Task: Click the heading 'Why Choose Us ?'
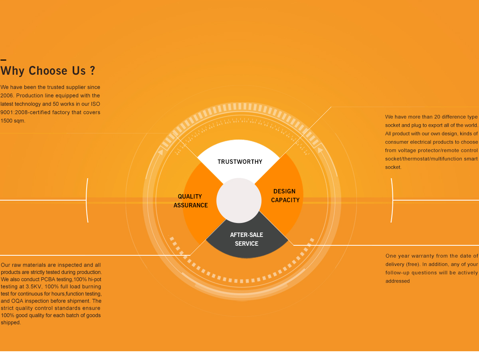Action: tap(48, 71)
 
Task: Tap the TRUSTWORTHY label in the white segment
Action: tap(240, 162)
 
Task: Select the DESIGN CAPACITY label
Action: tap(285, 196)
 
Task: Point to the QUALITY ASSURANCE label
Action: tap(190, 201)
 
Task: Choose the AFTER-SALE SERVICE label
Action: tap(246, 239)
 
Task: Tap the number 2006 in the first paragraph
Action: tap(7, 95)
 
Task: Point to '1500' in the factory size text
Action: tap(7, 121)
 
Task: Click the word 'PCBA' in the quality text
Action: tap(49, 279)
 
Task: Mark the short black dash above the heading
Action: tap(3, 60)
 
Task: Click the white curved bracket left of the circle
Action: tap(87, 200)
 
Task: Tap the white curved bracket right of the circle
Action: tap(392, 200)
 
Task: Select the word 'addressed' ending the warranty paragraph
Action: tap(398, 281)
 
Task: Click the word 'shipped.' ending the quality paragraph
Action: tap(11, 322)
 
